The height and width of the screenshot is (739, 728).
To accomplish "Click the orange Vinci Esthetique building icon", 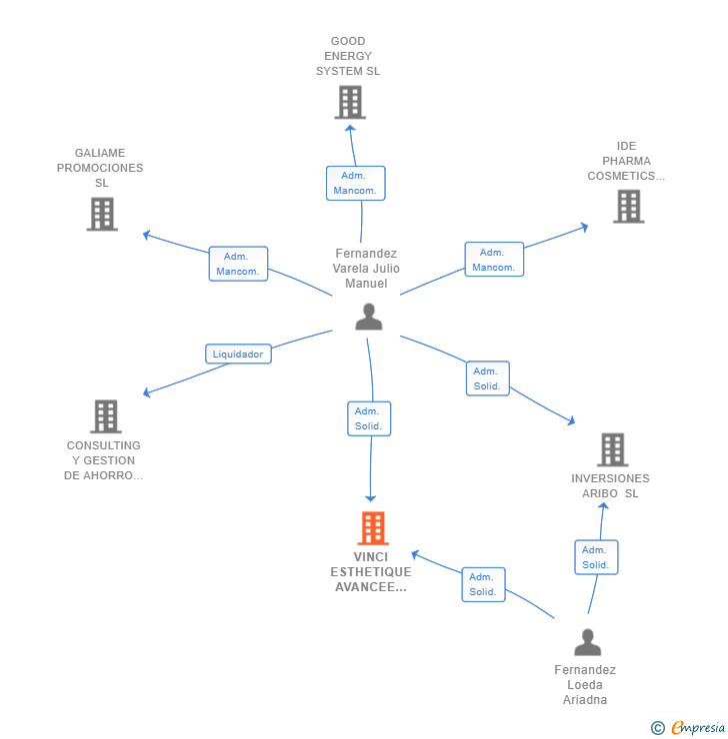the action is click(373, 528).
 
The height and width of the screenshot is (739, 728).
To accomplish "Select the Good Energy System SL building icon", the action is click(350, 102).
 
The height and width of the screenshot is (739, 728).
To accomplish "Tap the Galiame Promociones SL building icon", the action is click(102, 214).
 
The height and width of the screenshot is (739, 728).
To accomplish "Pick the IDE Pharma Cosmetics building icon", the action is click(628, 207).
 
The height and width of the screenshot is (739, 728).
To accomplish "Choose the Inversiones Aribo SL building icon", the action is click(612, 449).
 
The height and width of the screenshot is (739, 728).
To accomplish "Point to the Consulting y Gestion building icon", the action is click(106, 416).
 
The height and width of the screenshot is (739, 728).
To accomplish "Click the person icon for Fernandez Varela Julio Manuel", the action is click(368, 317).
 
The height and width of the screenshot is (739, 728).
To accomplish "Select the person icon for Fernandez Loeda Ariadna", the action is click(587, 642).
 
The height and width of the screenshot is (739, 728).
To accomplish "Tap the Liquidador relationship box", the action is click(238, 354).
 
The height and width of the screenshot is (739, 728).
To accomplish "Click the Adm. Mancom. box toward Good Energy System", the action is click(356, 183).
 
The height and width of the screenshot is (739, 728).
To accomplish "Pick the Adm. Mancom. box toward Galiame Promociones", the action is click(238, 264).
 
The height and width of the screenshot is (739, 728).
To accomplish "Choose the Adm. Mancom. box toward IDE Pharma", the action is click(494, 260).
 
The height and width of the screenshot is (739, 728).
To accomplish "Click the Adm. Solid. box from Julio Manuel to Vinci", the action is click(369, 418).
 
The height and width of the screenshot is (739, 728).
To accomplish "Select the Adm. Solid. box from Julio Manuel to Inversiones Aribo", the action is click(488, 378).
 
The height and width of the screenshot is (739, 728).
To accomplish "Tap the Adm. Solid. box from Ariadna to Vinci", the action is click(484, 584).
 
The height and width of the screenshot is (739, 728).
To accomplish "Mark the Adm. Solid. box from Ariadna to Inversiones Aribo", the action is click(596, 557).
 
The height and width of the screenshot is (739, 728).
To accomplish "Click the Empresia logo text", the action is click(698, 727).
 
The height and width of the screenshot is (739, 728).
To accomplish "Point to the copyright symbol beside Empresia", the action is click(658, 728).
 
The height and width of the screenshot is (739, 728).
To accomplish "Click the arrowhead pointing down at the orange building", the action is click(370, 498).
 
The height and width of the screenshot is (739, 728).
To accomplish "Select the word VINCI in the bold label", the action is click(371, 556).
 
